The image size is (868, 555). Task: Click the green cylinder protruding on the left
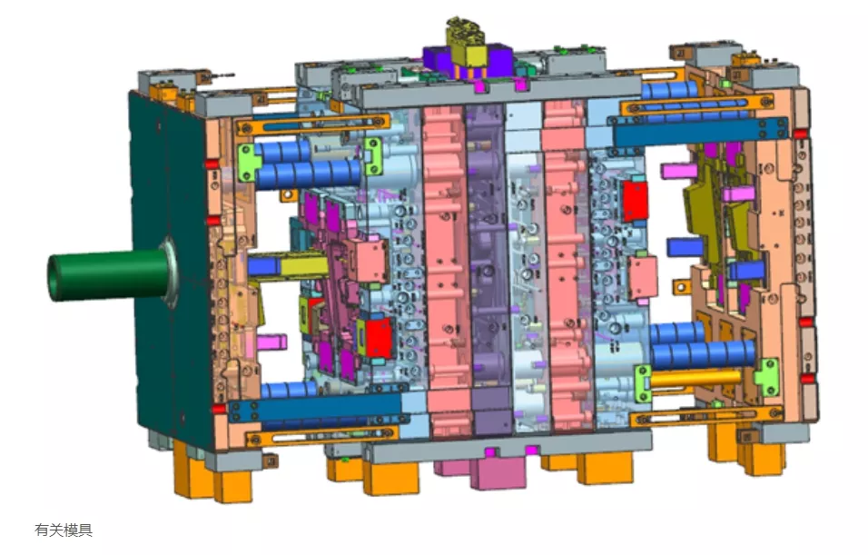pyautogui.click(x=108, y=274)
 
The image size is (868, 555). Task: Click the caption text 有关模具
pyautogui.click(x=64, y=530)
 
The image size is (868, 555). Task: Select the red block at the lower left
pyautogui.click(x=378, y=337)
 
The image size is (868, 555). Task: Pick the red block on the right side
pyautogui.click(x=635, y=201)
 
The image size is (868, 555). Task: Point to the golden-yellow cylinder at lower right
pyautogui.click(x=695, y=378)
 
